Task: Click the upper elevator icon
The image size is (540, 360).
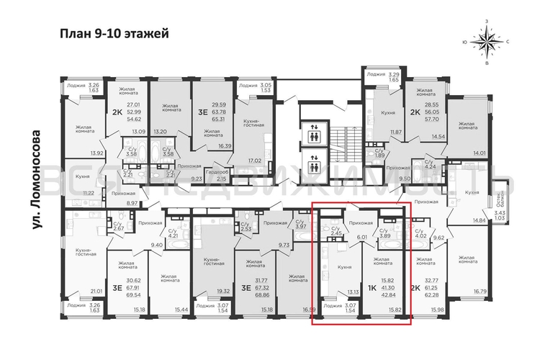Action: [x=314, y=135]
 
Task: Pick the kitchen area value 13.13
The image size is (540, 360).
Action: [x=352, y=291]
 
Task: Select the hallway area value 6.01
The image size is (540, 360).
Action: [x=363, y=235]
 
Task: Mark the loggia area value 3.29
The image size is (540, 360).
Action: [x=394, y=74]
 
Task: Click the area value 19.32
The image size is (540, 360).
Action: [x=223, y=291]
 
